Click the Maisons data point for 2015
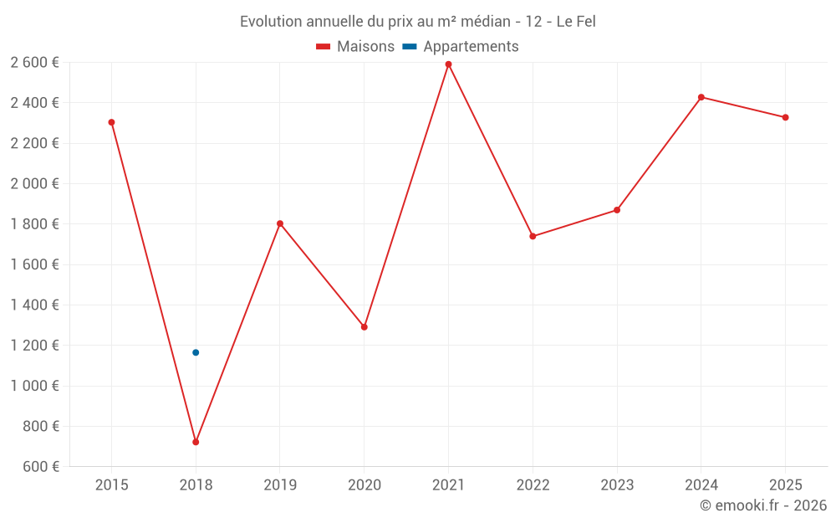111,122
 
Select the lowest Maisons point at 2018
196,442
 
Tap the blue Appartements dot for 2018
196,352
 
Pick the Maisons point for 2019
280,223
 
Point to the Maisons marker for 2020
364,327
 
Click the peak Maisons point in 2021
449,64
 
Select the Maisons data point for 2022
533,236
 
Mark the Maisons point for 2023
617,210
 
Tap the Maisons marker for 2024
701,97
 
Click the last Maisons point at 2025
786,117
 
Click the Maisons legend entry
355,47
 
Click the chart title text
418,22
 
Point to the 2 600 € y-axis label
34,62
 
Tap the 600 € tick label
39,466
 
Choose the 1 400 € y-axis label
34,305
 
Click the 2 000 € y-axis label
34,183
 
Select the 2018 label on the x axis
196,485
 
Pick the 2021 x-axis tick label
449,485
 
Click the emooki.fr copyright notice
763,505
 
